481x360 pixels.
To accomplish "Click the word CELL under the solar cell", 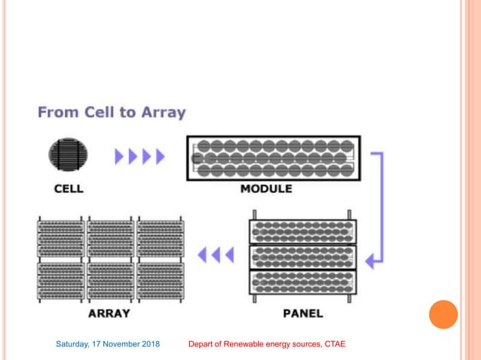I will tap(69, 189).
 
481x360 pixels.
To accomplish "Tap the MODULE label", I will tap(266, 189).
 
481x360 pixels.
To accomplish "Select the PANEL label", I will tap(302, 313).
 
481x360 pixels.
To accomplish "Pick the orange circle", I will tap(443, 313).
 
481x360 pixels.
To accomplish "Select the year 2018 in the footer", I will tap(149, 345).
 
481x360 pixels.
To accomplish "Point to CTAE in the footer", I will tap(333, 345).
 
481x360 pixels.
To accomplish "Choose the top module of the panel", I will tap(302, 230).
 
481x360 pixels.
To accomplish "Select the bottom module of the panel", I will tap(302, 281).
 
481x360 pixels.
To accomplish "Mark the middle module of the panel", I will tap(302, 256).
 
